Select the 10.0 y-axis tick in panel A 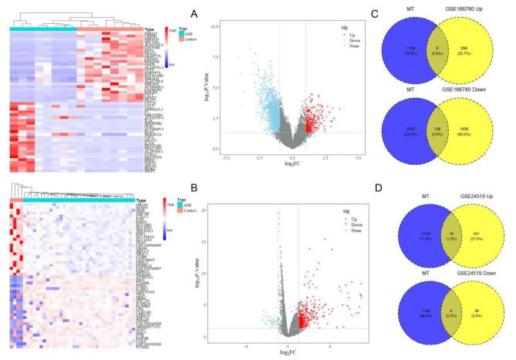pyautogui.click(x=218, y=26)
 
